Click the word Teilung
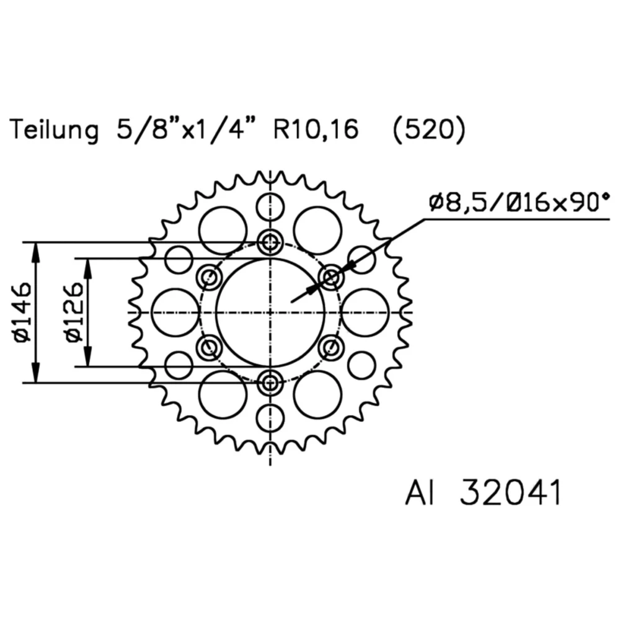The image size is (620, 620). click(x=54, y=131)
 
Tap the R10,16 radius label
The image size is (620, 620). click(x=316, y=131)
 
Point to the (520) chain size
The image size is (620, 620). click(x=428, y=131)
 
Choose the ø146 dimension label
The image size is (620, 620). click(x=22, y=312)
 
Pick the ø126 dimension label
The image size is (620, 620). click(x=74, y=312)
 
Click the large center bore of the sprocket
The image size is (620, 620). click(x=270, y=312)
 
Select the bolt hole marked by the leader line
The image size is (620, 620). click(x=332, y=277)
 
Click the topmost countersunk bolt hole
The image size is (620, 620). click(x=270, y=242)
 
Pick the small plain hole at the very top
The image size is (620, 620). click(x=270, y=206)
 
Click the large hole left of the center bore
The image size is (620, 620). click(x=175, y=312)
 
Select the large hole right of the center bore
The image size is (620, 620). click(x=365, y=312)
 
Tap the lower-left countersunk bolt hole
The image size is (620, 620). click(x=209, y=347)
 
